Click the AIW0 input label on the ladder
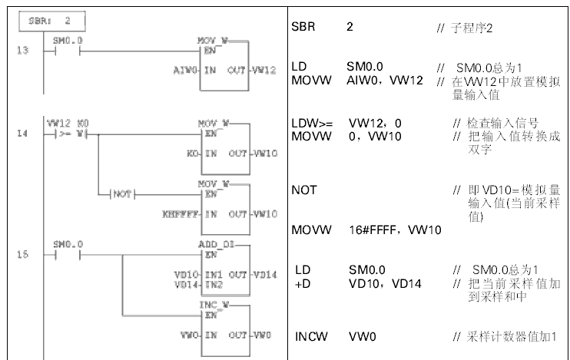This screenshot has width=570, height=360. click(187, 70)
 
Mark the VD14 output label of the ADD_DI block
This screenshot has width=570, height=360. click(263, 273)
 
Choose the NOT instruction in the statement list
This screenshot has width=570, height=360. click(304, 189)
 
